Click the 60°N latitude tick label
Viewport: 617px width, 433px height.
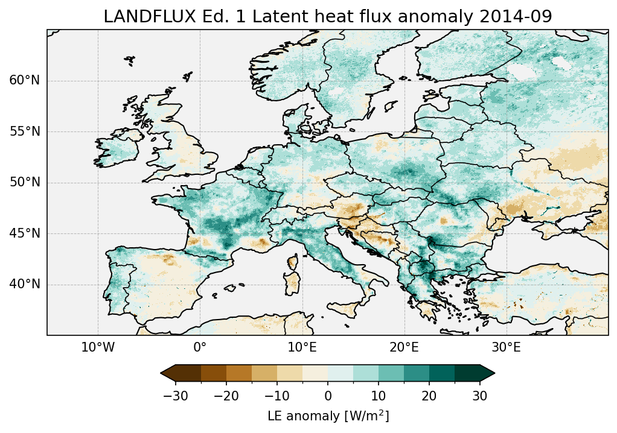point(25,81)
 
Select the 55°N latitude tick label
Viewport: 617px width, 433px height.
point(25,131)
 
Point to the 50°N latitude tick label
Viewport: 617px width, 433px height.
point(25,183)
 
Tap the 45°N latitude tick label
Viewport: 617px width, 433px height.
point(25,233)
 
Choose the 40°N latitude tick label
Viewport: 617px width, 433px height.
point(25,284)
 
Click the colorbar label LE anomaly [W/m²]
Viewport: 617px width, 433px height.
point(328,416)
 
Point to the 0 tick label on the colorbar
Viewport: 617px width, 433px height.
point(328,396)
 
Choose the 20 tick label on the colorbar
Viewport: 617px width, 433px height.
point(429,396)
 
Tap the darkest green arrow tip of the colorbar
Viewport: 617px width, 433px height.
point(488,373)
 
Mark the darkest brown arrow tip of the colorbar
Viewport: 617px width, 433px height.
point(167,373)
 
